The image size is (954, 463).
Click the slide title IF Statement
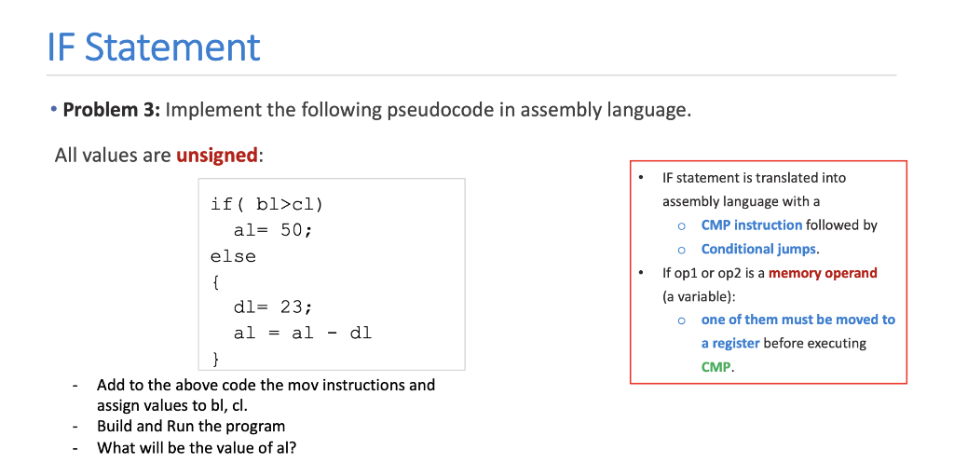coord(154,47)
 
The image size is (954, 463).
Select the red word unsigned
coord(216,155)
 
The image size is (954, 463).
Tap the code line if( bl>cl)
coord(266,205)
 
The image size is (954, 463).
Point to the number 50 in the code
coord(292,230)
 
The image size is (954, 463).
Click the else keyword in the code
coord(233,255)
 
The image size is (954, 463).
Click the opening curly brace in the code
coord(216,280)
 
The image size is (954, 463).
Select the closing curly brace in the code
coord(216,357)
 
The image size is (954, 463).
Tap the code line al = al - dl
coord(302,332)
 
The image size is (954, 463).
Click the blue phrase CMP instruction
coord(751,225)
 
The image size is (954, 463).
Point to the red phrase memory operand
coord(823,273)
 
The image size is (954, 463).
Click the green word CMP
coord(715,367)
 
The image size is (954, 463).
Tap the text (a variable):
coord(699,296)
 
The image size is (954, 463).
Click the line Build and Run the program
coord(191,426)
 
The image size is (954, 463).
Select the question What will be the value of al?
coord(197,446)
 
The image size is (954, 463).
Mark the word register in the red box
coord(730,343)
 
